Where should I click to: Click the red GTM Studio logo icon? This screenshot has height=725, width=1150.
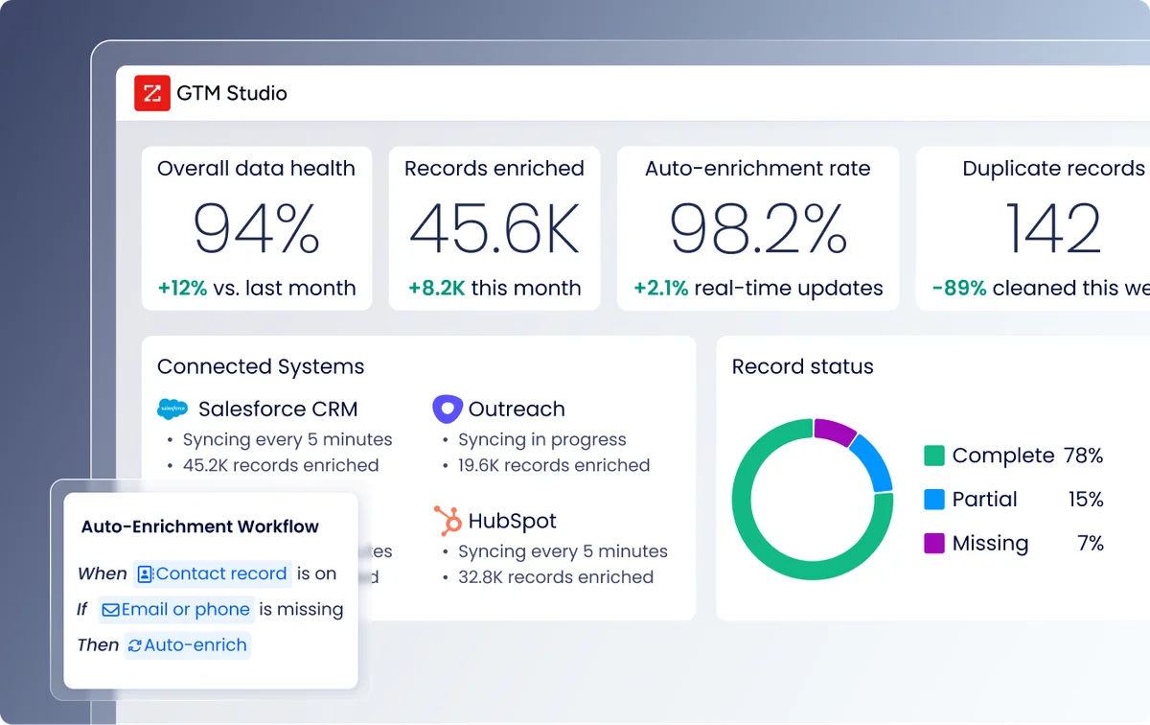coord(152,93)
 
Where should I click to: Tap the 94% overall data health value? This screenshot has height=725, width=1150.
coord(256,228)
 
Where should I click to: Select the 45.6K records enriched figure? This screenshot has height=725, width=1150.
coord(494,228)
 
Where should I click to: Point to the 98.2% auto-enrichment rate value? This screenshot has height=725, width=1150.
coord(757,228)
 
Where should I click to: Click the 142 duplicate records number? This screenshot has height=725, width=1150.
coord(1053,228)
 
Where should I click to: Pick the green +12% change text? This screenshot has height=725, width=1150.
coord(182,288)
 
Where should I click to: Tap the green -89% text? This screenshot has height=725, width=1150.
coord(959,288)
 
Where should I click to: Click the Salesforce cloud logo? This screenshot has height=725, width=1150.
coord(172,409)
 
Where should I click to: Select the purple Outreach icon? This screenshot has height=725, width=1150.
coord(448,409)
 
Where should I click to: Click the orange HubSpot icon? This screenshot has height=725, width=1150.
coord(448,521)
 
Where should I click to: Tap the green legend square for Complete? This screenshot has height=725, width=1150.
coord(933,456)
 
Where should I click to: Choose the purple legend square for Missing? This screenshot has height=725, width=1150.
coord(933,544)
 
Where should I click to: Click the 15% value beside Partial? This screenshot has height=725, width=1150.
coord(1085,500)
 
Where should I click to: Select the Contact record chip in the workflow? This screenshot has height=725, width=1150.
coord(212,573)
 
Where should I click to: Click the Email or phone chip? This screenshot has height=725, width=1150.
coord(176,610)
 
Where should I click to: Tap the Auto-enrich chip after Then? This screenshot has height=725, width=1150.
coord(188,645)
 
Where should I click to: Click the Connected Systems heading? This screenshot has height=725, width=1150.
coord(261,366)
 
